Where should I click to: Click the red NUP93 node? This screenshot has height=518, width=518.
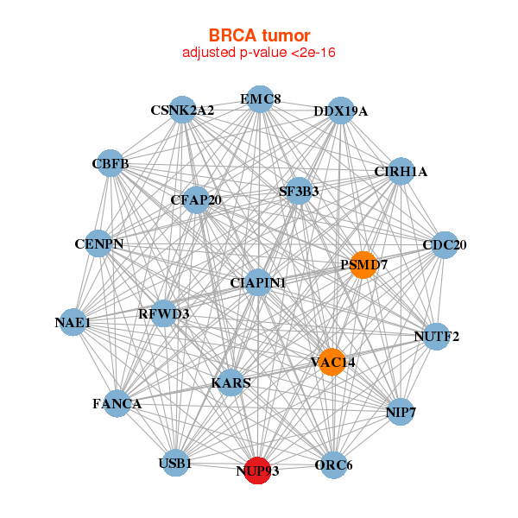pyautogui.click(x=257, y=471)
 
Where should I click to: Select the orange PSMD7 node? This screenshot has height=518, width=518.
pyautogui.click(x=363, y=265)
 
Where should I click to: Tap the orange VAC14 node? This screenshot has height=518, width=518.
pyautogui.click(x=332, y=362)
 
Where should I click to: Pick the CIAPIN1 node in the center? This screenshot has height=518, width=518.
pyautogui.click(x=258, y=282)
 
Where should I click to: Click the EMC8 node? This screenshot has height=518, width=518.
pyautogui.click(x=261, y=99)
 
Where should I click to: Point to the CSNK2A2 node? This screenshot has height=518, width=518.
pyautogui.click(x=182, y=110)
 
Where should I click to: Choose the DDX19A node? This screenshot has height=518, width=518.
pyautogui.click(x=341, y=111)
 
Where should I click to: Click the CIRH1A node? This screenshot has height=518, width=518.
pyautogui.click(x=401, y=171)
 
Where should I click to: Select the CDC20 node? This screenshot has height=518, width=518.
pyautogui.click(x=445, y=245)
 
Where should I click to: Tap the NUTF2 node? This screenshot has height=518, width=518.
pyautogui.click(x=437, y=337)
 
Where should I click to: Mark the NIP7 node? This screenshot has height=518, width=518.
pyautogui.click(x=401, y=412)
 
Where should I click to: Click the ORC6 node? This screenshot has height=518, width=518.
pyautogui.click(x=333, y=464)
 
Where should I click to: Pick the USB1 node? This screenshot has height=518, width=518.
pyautogui.click(x=176, y=463)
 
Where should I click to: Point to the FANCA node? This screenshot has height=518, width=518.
pyautogui.click(x=117, y=403)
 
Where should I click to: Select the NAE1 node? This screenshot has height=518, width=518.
pyautogui.click(x=73, y=322)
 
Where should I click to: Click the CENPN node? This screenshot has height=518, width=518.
pyautogui.click(x=98, y=243)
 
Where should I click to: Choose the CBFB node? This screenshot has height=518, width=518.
pyautogui.click(x=111, y=163)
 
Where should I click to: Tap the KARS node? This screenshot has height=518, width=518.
pyautogui.click(x=231, y=382)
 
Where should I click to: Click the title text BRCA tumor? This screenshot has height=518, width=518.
pyautogui.click(x=259, y=35)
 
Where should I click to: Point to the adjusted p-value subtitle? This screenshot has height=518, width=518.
pyautogui.click(x=259, y=53)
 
